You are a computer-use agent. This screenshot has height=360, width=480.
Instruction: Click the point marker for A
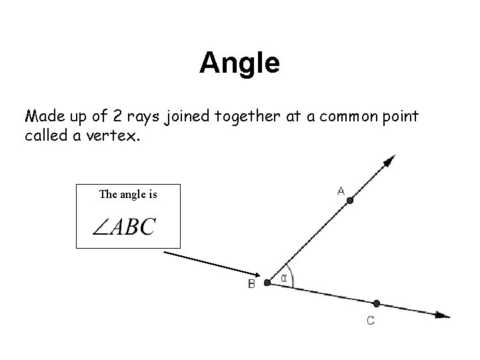(x=350, y=199)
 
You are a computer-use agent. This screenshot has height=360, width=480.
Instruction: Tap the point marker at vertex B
(x=267, y=283)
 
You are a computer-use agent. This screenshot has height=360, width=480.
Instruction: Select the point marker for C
(x=377, y=303)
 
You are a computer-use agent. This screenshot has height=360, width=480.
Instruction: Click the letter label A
(x=341, y=191)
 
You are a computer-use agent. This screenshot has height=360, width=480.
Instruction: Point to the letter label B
(x=251, y=285)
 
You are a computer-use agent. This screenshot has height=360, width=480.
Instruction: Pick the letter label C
(x=370, y=321)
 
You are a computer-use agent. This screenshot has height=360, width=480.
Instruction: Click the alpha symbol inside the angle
(x=283, y=277)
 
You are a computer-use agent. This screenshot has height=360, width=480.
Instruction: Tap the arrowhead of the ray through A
(x=391, y=161)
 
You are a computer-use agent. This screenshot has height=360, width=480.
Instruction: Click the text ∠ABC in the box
(x=123, y=227)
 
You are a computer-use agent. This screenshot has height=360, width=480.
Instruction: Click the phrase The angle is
(x=128, y=195)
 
